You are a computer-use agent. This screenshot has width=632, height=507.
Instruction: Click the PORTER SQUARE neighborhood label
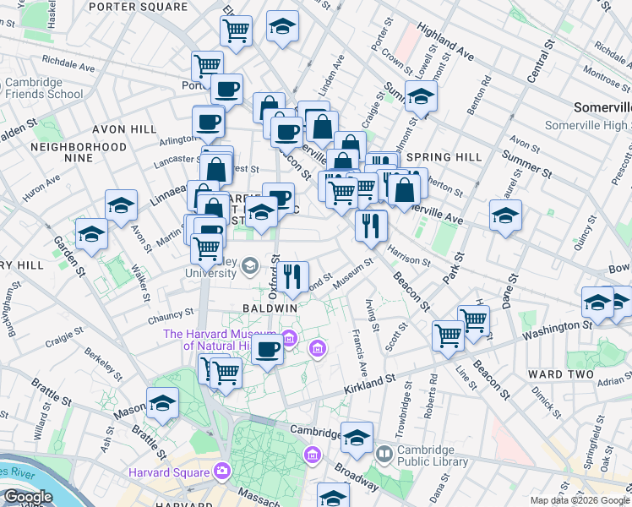pos(138,6)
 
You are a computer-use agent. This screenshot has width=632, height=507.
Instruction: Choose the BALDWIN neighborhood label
pos(270,308)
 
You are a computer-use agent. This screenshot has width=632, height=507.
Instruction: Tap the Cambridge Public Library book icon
pos(384,454)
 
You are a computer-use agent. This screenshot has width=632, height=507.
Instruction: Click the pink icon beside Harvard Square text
pos(223,470)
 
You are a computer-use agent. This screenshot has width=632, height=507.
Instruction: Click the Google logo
pos(27,497)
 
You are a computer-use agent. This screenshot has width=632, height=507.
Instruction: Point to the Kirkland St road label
pos(369,386)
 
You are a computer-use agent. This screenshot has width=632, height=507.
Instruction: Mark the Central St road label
pos(538,60)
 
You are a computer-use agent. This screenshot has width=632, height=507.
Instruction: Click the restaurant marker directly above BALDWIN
pos(292,275)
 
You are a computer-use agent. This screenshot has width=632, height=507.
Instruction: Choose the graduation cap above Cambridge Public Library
pos(357,437)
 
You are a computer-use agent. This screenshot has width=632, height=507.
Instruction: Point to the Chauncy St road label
pos(172,318)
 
